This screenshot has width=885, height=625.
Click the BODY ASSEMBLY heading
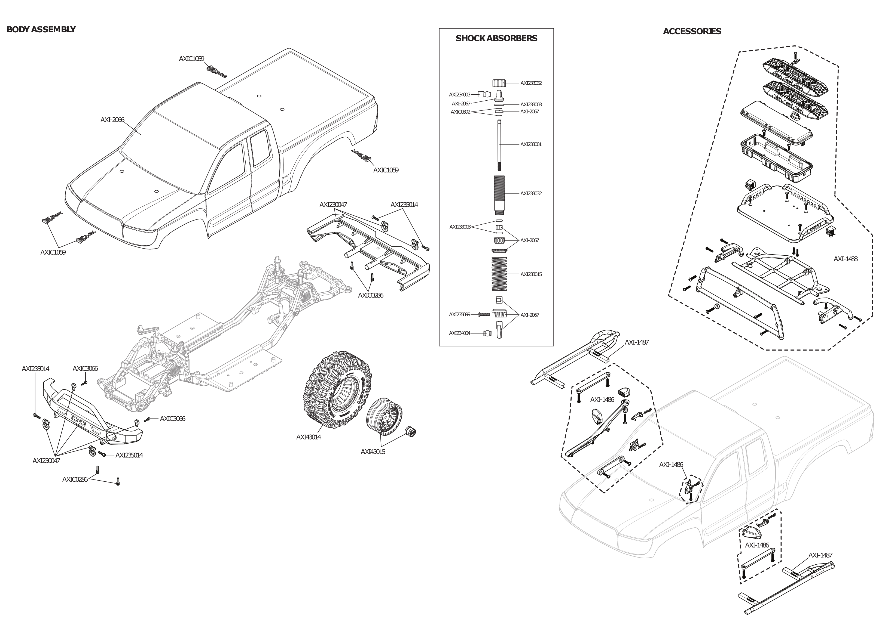pyautogui.click(x=41, y=30)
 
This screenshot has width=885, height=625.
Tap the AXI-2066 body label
pyautogui.click(x=112, y=120)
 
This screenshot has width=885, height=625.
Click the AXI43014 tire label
pyautogui.click(x=308, y=437)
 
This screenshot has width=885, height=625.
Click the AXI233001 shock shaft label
pyautogui.click(x=531, y=144)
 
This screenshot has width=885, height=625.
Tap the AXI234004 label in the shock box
pyautogui.click(x=459, y=333)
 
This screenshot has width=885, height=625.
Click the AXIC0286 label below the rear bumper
pyautogui.click(x=370, y=295)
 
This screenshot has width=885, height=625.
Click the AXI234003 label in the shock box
pyautogui.click(x=459, y=95)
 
